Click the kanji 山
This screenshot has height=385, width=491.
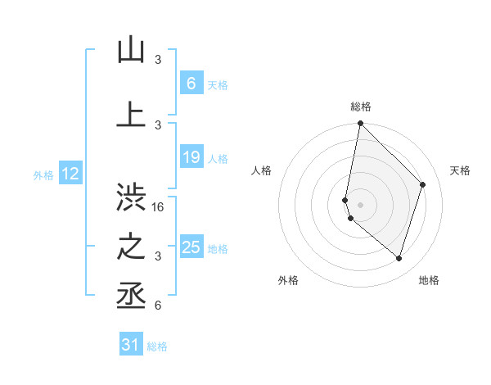tap(131, 50)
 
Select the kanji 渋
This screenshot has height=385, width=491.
tap(131, 199)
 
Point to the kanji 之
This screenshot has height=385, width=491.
tap(131, 247)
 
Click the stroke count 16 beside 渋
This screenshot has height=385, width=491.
tap(159, 207)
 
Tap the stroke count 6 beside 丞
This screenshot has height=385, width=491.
tap(158, 306)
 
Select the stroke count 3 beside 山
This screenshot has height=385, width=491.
tap(158, 60)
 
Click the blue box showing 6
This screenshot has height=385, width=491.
tap(191, 83)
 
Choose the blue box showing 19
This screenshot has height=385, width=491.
tap(191, 157)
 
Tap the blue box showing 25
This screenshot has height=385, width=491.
tap(191, 247)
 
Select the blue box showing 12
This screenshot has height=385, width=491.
tap(70, 174)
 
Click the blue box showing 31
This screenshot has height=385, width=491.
tap(131, 345)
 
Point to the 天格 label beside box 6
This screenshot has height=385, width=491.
tap(218, 84)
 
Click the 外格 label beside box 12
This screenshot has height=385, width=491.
tap(43, 174)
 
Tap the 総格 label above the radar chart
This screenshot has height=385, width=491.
tap(361, 106)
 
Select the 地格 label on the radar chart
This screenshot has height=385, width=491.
tap(429, 280)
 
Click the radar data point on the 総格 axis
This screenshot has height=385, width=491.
tap(360, 123)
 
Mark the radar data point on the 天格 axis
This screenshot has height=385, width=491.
tap(423, 184)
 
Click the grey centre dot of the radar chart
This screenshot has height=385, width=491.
tap(360, 204)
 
